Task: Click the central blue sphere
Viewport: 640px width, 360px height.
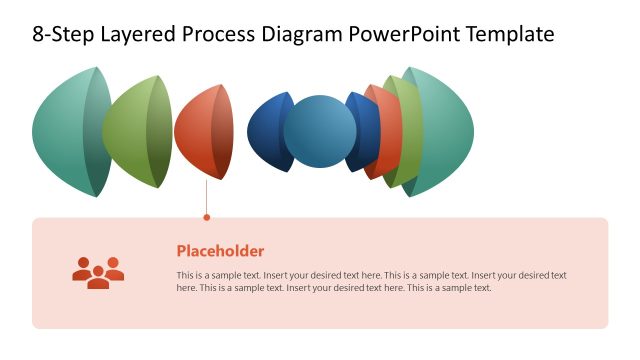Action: pos(319,131)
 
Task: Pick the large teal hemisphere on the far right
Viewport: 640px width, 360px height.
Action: pos(445,131)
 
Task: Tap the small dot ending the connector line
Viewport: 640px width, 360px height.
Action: pos(206,216)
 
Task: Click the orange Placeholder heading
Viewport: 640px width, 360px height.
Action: pos(220,251)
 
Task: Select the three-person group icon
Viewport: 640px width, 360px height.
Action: pos(98,272)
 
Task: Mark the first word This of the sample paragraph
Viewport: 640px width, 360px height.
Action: pos(185,275)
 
